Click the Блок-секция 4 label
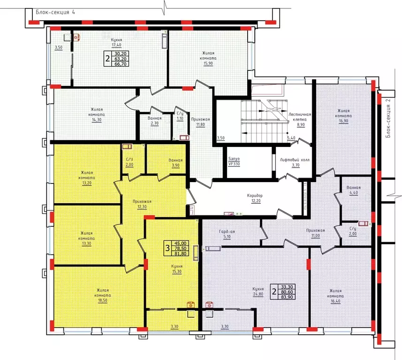(55, 12)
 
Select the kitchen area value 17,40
(116, 45)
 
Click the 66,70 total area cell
(121, 64)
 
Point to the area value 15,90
(208, 63)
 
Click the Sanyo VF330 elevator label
(234, 161)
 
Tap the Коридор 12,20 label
(255, 198)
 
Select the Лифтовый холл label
(295, 160)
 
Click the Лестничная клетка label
(300, 117)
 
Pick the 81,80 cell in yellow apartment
(181, 254)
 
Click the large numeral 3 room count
(167, 248)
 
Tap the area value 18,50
(103, 300)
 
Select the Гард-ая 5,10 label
(227, 234)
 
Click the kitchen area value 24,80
(258, 294)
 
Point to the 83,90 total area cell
(287, 297)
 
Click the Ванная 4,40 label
(354, 190)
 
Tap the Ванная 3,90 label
(175, 163)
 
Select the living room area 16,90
(343, 121)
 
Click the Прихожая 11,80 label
(200, 122)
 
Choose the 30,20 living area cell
(121, 54)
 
